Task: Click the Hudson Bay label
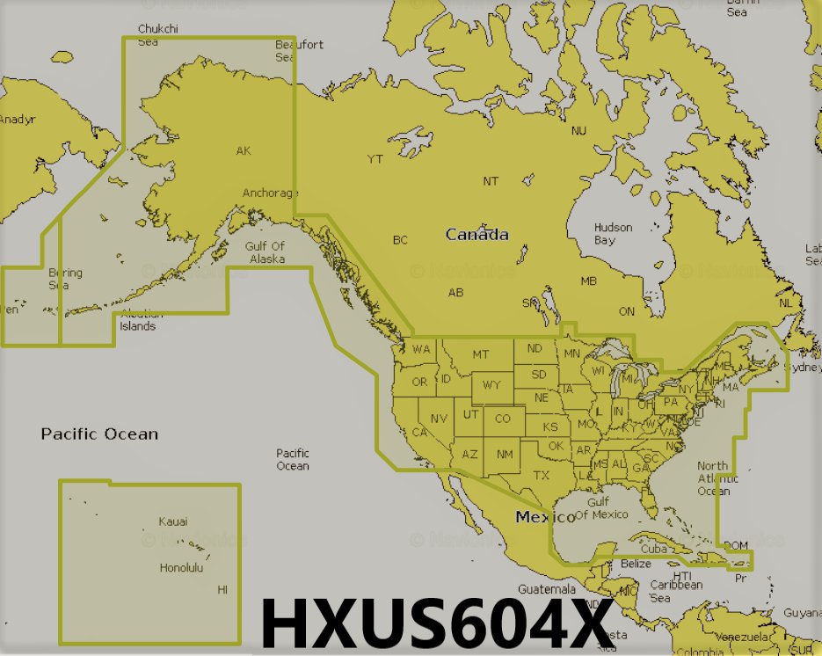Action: pyautogui.click(x=613, y=234)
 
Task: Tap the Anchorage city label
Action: pyautogui.click(x=270, y=193)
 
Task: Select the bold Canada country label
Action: pyautogui.click(x=476, y=235)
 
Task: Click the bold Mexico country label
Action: pyautogui.click(x=545, y=517)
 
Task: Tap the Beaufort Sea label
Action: pyautogui.click(x=299, y=51)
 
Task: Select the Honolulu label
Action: pyautogui.click(x=181, y=568)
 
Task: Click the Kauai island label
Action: pyautogui.click(x=172, y=521)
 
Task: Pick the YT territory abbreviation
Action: pyautogui.click(x=375, y=159)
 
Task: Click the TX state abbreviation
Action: pyautogui.click(x=541, y=475)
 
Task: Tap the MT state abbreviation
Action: pyautogui.click(x=480, y=354)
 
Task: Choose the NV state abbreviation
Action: pyautogui.click(x=439, y=418)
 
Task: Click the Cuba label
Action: pyautogui.click(x=654, y=549)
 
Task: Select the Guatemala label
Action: pyautogui.click(x=546, y=588)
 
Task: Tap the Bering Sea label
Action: pyautogui.click(x=65, y=279)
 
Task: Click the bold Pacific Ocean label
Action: pyautogui.click(x=99, y=434)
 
